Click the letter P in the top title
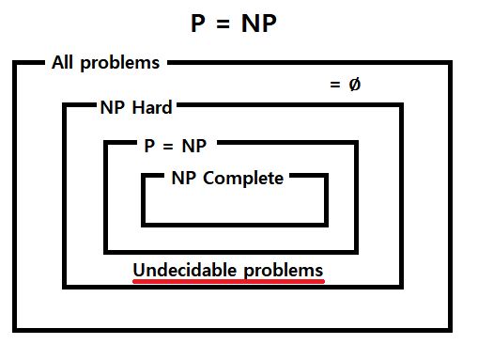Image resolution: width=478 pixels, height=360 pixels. [x=200, y=23]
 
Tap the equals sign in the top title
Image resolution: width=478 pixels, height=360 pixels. [x=228, y=23]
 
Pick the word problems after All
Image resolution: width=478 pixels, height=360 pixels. [x=121, y=64]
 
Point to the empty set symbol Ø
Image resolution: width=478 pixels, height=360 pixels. [x=354, y=85]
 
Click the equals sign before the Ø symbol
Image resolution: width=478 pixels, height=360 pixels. [x=335, y=86]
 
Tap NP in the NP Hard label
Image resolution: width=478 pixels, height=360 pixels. [x=112, y=107]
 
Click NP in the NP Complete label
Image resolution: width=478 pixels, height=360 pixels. [x=183, y=178]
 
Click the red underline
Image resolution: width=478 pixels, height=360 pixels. [x=228, y=280]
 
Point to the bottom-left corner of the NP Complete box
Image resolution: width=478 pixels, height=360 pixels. [x=145, y=224]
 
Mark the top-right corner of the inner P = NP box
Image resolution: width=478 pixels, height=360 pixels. [x=355, y=144]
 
